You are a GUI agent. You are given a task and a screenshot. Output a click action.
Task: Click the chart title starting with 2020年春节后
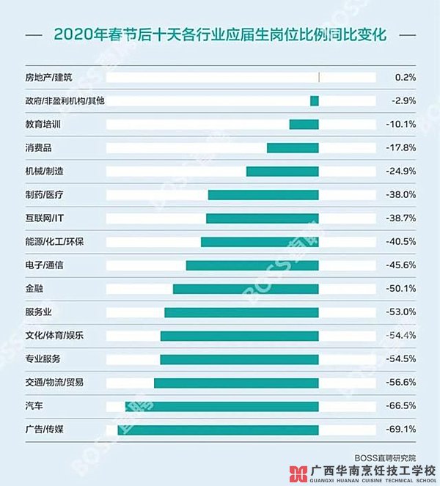pos(220,34)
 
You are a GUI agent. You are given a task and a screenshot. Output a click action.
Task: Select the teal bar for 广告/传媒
pos(218,430)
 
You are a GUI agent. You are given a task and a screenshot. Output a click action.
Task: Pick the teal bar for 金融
pos(246,289)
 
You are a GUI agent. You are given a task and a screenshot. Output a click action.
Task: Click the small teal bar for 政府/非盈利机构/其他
pos(315,101)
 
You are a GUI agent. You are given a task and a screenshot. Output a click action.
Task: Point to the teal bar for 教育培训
pos(304,125)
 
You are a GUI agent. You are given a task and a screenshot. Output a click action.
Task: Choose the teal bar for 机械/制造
pos(282,172)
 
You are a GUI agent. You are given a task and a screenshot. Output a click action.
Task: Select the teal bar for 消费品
pos(293,148)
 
